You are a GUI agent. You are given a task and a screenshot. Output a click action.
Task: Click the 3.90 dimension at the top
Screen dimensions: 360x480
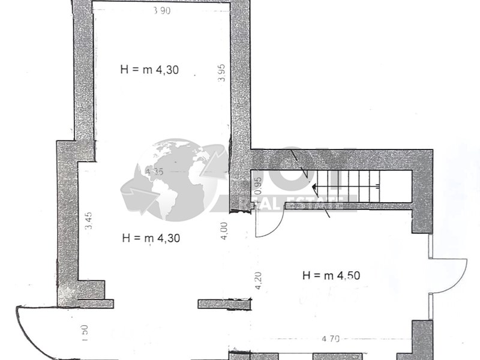tap(160, 11)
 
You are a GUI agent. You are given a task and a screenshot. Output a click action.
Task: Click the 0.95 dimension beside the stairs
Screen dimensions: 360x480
tap(259, 187)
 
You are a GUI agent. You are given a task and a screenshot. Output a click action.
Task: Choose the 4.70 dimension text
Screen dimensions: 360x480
tap(331, 339)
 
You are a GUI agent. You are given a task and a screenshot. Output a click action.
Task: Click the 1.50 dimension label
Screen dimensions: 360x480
tap(85, 332)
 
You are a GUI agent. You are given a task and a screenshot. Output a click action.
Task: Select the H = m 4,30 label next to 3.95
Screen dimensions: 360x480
tap(150, 69)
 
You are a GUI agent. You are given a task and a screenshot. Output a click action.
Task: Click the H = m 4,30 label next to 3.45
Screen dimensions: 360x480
tap(151, 238)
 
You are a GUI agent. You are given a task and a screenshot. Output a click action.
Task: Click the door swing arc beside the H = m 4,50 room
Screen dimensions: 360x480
tap(450, 276)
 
